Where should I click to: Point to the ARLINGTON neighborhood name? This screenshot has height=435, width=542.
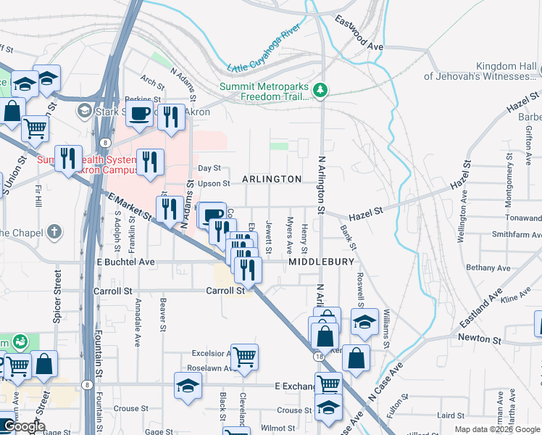272,179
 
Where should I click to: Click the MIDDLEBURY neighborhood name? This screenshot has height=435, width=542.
322,261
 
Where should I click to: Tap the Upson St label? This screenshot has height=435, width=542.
214,183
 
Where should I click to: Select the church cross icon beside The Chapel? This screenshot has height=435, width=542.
54,232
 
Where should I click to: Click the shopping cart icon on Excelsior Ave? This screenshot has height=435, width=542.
244,356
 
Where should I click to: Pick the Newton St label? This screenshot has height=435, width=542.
479,339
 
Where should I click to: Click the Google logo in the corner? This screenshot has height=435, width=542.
24,426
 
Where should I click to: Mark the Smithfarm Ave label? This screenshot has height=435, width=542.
516,234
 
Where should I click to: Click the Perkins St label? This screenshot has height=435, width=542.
142,99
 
